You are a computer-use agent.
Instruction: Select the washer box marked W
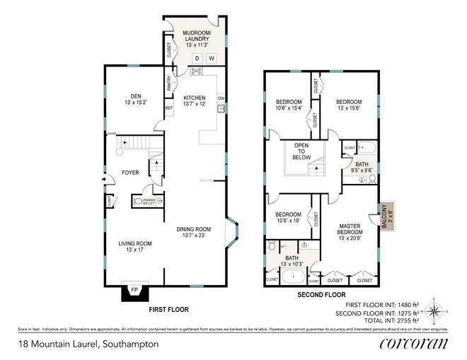[x=211, y=58]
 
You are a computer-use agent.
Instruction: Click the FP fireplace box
[x=134, y=289]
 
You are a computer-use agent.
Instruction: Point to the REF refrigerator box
[x=168, y=108]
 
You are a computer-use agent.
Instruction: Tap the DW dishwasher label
[x=221, y=98]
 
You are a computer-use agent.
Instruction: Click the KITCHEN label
[x=194, y=100]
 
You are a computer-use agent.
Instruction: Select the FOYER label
[x=130, y=173]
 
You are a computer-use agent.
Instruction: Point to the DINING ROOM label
[x=194, y=231]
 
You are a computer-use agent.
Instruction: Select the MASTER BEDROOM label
[x=349, y=229]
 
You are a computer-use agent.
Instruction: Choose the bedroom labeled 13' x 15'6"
[x=349, y=105]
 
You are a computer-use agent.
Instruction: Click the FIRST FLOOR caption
[x=168, y=310]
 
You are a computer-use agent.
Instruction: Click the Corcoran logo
[x=414, y=344]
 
